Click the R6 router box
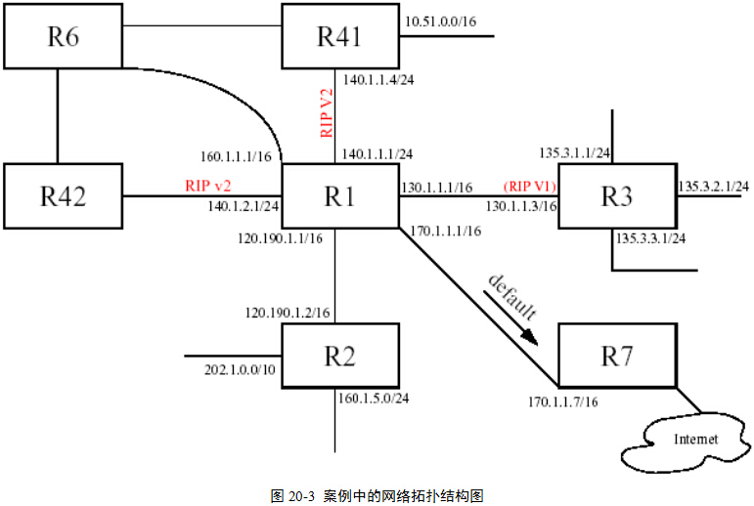tap(64, 37)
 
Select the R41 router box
tap(339, 37)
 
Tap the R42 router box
tap(64, 196)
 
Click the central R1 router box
tap(339, 196)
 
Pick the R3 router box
tap(616, 196)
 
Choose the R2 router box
tap(339, 356)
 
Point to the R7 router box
tap(616, 356)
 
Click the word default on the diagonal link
tap(511, 299)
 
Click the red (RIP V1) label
tap(529, 186)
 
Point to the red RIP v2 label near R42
tap(208, 185)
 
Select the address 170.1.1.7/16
tap(563, 401)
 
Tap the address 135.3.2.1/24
tap(713, 186)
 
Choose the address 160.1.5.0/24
tap(373, 398)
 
